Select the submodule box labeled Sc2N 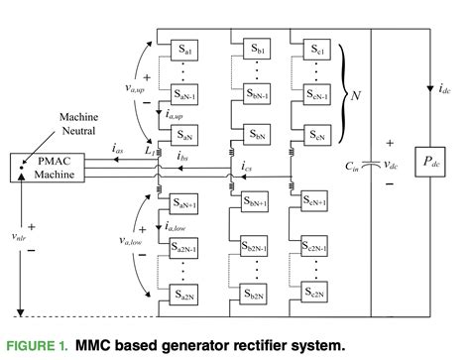319,294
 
